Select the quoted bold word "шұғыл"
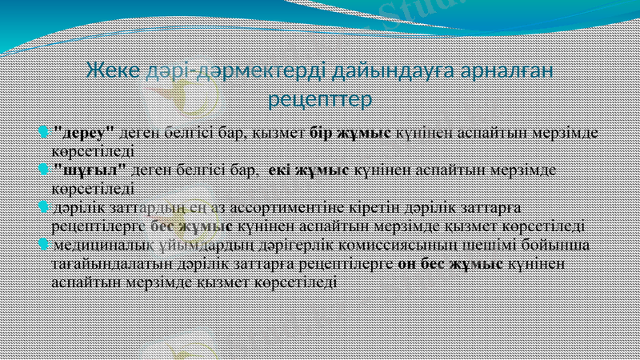coord(89,170)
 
